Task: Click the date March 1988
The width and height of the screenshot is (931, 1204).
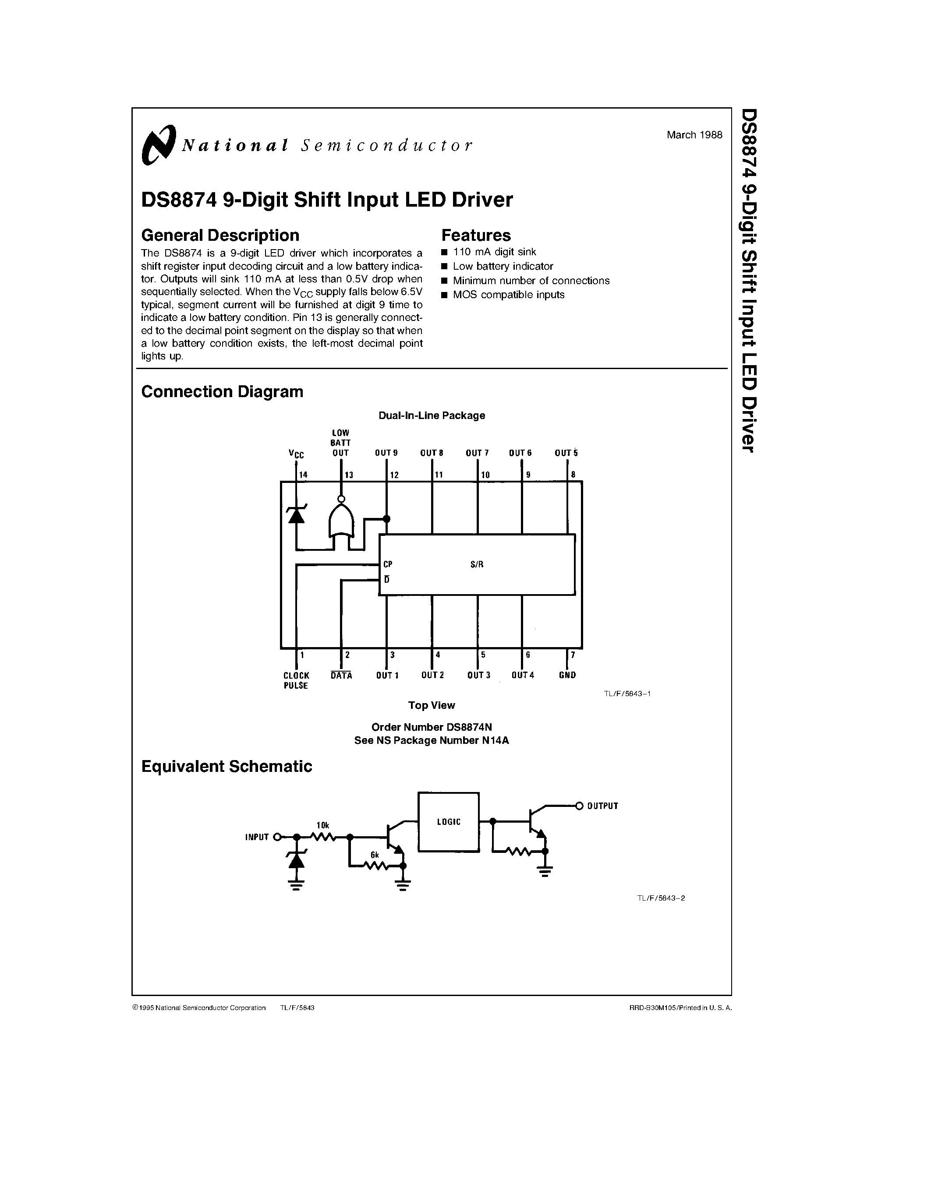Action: (694, 135)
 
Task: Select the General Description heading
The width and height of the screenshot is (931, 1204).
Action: (220, 236)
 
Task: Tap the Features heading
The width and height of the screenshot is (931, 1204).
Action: (475, 236)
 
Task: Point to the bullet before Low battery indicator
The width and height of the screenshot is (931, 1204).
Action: (445, 267)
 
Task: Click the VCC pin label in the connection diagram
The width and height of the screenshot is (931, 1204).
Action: (296, 454)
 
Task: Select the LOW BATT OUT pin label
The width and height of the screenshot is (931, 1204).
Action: (340, 443)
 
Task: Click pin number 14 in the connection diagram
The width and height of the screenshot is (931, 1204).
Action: (303, 475)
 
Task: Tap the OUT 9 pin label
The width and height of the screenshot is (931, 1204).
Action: (386, 453)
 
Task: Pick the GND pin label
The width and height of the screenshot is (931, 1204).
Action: (567, 675)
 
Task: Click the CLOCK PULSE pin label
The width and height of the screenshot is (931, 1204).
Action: (296, 680)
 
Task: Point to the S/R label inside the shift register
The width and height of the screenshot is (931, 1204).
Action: (477, 564)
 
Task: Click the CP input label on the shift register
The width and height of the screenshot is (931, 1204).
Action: (388, 564)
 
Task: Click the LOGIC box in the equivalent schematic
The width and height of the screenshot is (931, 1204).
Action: (448, 822)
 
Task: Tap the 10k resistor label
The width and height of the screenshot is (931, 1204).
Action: (322, 825)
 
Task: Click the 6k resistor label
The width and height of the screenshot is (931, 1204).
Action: (375, 855)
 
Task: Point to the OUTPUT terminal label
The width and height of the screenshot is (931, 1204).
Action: (602, 806)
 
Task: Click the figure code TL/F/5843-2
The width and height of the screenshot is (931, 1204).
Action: (661, 898)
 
